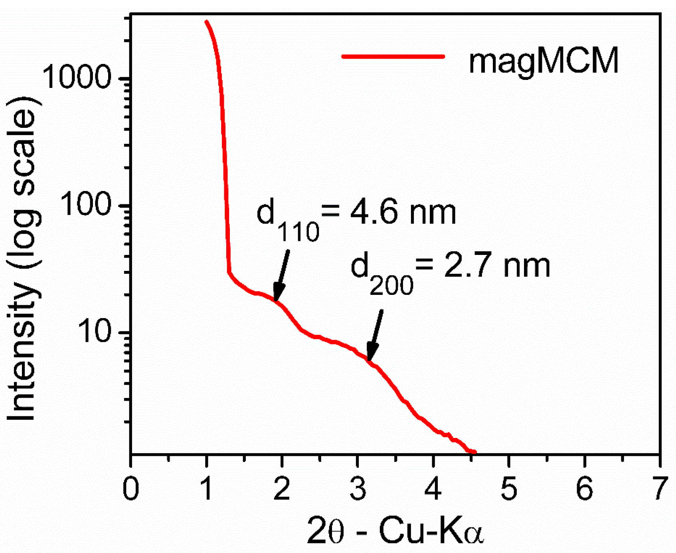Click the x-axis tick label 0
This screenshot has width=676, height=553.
pyautogui.click(x=131, y=488)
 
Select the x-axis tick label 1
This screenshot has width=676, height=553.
pyautogui.click(x=206, y=488)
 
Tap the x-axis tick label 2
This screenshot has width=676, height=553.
pyautogui.click(x=282, y=488)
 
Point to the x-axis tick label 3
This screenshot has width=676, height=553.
pyautogui.click(x=358, y=488)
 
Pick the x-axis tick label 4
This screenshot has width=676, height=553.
pyautogui.click(x=433, y=488)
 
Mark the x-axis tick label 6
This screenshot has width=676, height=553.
pyautogui.click(x=585, y=488)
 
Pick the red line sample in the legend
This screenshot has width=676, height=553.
pyautogui.click(x=393, y=56)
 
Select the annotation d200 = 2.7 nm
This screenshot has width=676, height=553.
pyautogui.click(x=450, y=272)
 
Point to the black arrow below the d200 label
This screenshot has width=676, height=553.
pyautogui.click(x=375, y=336)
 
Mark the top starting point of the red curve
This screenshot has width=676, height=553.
pyautogui.click(x=206, y=22)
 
